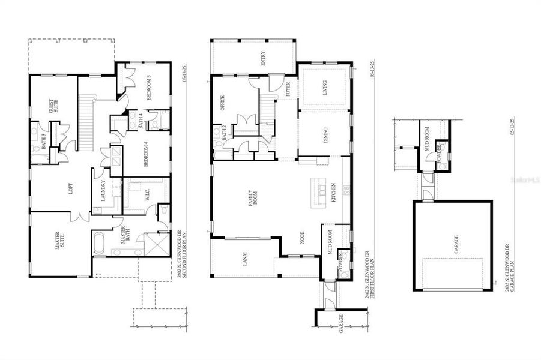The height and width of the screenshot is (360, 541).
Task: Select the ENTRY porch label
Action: point(262,58)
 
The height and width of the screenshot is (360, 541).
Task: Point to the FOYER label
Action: point(288,90)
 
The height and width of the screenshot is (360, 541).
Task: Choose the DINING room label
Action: point(325,139)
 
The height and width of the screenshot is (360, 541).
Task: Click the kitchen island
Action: point(317,193)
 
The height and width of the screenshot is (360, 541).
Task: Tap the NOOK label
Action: point(303,238)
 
